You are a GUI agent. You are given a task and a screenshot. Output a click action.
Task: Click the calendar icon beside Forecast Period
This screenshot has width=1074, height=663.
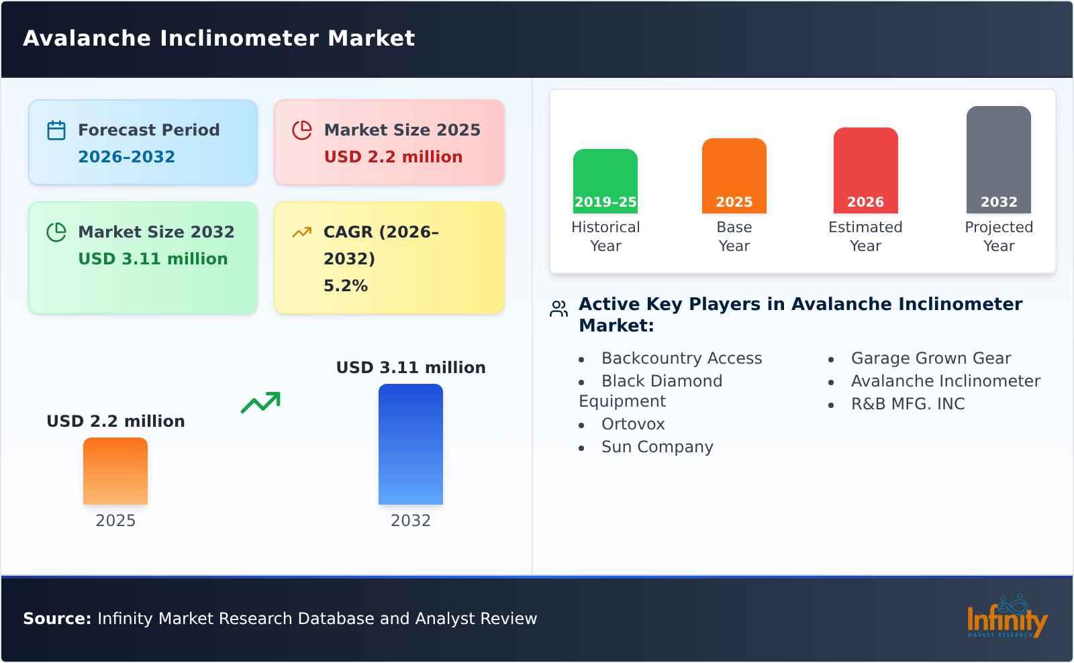[x=56, y=130]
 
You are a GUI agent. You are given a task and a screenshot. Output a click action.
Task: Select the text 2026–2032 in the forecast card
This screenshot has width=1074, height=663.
[x=126, y=157]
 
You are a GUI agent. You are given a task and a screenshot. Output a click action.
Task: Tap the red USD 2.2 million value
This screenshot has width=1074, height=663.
[x=393, y=157]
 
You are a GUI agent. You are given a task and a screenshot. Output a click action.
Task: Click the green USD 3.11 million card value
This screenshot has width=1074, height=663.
[x=152, y=259]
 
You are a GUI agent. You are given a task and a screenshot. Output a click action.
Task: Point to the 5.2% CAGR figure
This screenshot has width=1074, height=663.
[x=345, y=286]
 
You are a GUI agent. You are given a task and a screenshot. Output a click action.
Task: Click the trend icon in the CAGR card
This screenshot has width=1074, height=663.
[x=301, y=232]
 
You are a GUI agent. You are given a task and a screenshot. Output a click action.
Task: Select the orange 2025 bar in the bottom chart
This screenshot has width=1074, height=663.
[x=115, y=471]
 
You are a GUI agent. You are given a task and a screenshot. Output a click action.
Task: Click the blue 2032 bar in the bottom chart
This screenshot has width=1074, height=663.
[x=410, y=444]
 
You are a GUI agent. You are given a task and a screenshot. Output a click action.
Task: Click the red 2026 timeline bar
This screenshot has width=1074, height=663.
[x=865, y=170]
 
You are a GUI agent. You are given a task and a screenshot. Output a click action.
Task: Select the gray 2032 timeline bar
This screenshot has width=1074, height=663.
[x=998, y=160]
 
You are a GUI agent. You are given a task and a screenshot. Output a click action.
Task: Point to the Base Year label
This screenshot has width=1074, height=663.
[x=734, y=236]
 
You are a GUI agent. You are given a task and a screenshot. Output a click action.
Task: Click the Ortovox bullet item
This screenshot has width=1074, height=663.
[x=632, y=424]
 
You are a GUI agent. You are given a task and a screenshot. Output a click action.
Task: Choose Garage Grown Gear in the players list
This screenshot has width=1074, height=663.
[x=930, y=358]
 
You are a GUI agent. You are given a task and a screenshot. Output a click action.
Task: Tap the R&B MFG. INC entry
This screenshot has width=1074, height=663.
[x=908, y=404]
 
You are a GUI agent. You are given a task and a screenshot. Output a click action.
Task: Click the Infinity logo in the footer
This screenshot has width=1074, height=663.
[x=1006, y=617]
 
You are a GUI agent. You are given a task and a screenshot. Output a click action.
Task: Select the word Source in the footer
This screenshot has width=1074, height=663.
[x=56, y=619]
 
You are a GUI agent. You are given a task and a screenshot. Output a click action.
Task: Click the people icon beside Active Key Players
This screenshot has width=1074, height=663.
[x=558, y=309]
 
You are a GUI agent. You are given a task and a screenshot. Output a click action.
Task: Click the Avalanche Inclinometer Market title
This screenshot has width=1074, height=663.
[x=219, y=38]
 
